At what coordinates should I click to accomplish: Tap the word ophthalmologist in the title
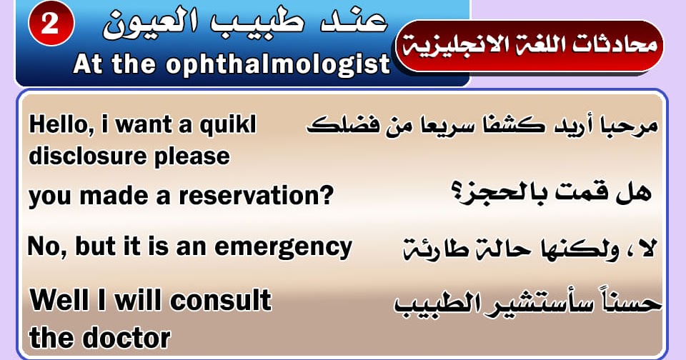click(277, 65)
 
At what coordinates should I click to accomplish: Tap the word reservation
click(256, 196)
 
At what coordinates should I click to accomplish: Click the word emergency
click(283, 248)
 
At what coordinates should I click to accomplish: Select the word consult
click(221, 300)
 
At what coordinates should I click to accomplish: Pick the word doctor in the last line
click(127, 338)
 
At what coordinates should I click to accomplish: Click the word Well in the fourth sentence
click(59, 300)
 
